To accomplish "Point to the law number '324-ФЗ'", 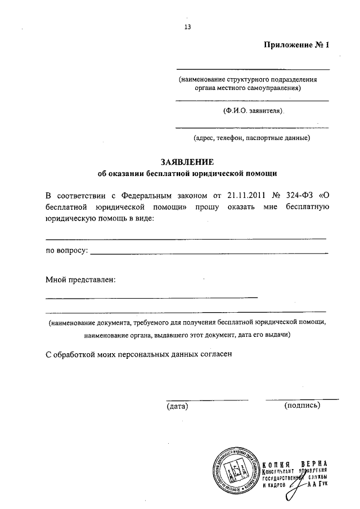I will coord(298,196).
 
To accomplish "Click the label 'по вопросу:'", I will coord(66,251).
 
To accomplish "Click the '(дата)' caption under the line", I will coord(177,406).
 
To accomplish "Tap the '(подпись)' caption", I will coord(303,405).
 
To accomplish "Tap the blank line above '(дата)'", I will coord(207,399).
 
